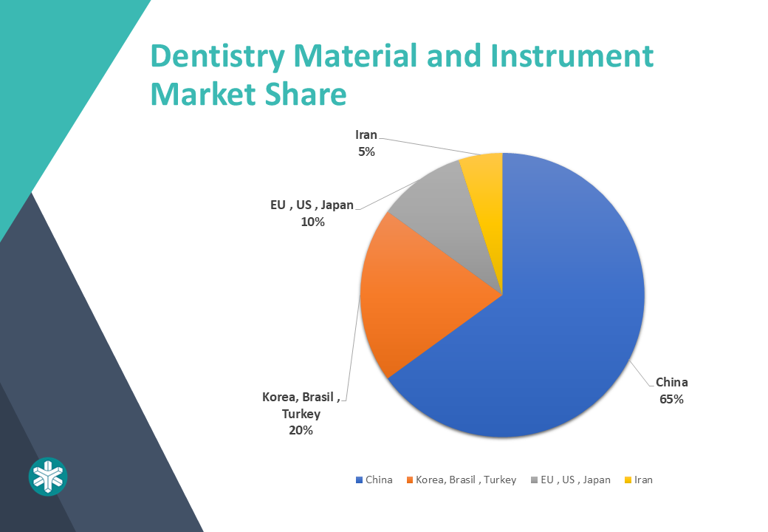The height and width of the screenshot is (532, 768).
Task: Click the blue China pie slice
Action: tap(563, 313)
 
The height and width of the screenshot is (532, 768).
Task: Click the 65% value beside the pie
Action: tap(671, 399)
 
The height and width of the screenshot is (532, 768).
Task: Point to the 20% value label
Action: tap(301, 430)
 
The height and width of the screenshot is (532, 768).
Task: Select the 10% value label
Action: tap(312, 222)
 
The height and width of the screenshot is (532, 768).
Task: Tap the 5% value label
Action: tap(366, 152)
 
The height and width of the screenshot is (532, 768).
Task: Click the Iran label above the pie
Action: tap(366, 134)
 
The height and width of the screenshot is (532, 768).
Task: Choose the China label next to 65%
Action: tap(671, 382)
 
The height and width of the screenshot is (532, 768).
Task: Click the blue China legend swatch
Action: tap(359, 480)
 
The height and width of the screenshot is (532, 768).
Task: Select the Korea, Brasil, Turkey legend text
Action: tap(466, 480)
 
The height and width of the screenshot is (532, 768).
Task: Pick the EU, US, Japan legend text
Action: tap(575, 480)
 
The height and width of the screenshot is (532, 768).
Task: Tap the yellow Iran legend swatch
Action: tap(628, 480)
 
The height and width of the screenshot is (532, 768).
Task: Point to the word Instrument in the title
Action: tap(572, 56)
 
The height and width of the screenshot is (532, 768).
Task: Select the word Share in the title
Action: tap(306, 94)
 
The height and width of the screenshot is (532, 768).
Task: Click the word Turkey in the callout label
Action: tap(301, 414)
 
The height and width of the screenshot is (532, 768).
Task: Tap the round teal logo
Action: tap(48, 477)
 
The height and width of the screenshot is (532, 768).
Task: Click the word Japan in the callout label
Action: tap(337, 205)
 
